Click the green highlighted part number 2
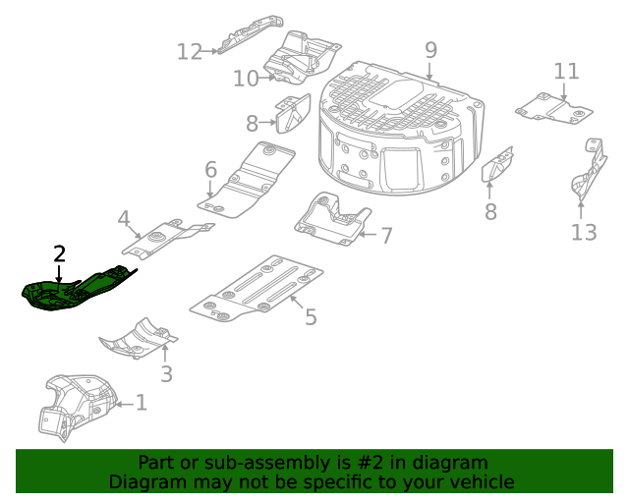(74, 291)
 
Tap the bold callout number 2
(60, 253)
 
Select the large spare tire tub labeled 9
(403, 128)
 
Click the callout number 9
(430, 50)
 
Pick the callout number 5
(311, 317)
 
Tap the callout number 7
(386, 236)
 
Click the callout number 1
(141, 403)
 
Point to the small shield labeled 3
(138, 339)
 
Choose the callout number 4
(123, 218)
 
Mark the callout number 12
(189, 51)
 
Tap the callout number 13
(584, 232)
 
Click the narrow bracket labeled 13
(589, 172)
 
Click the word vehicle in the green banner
(480, 481)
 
